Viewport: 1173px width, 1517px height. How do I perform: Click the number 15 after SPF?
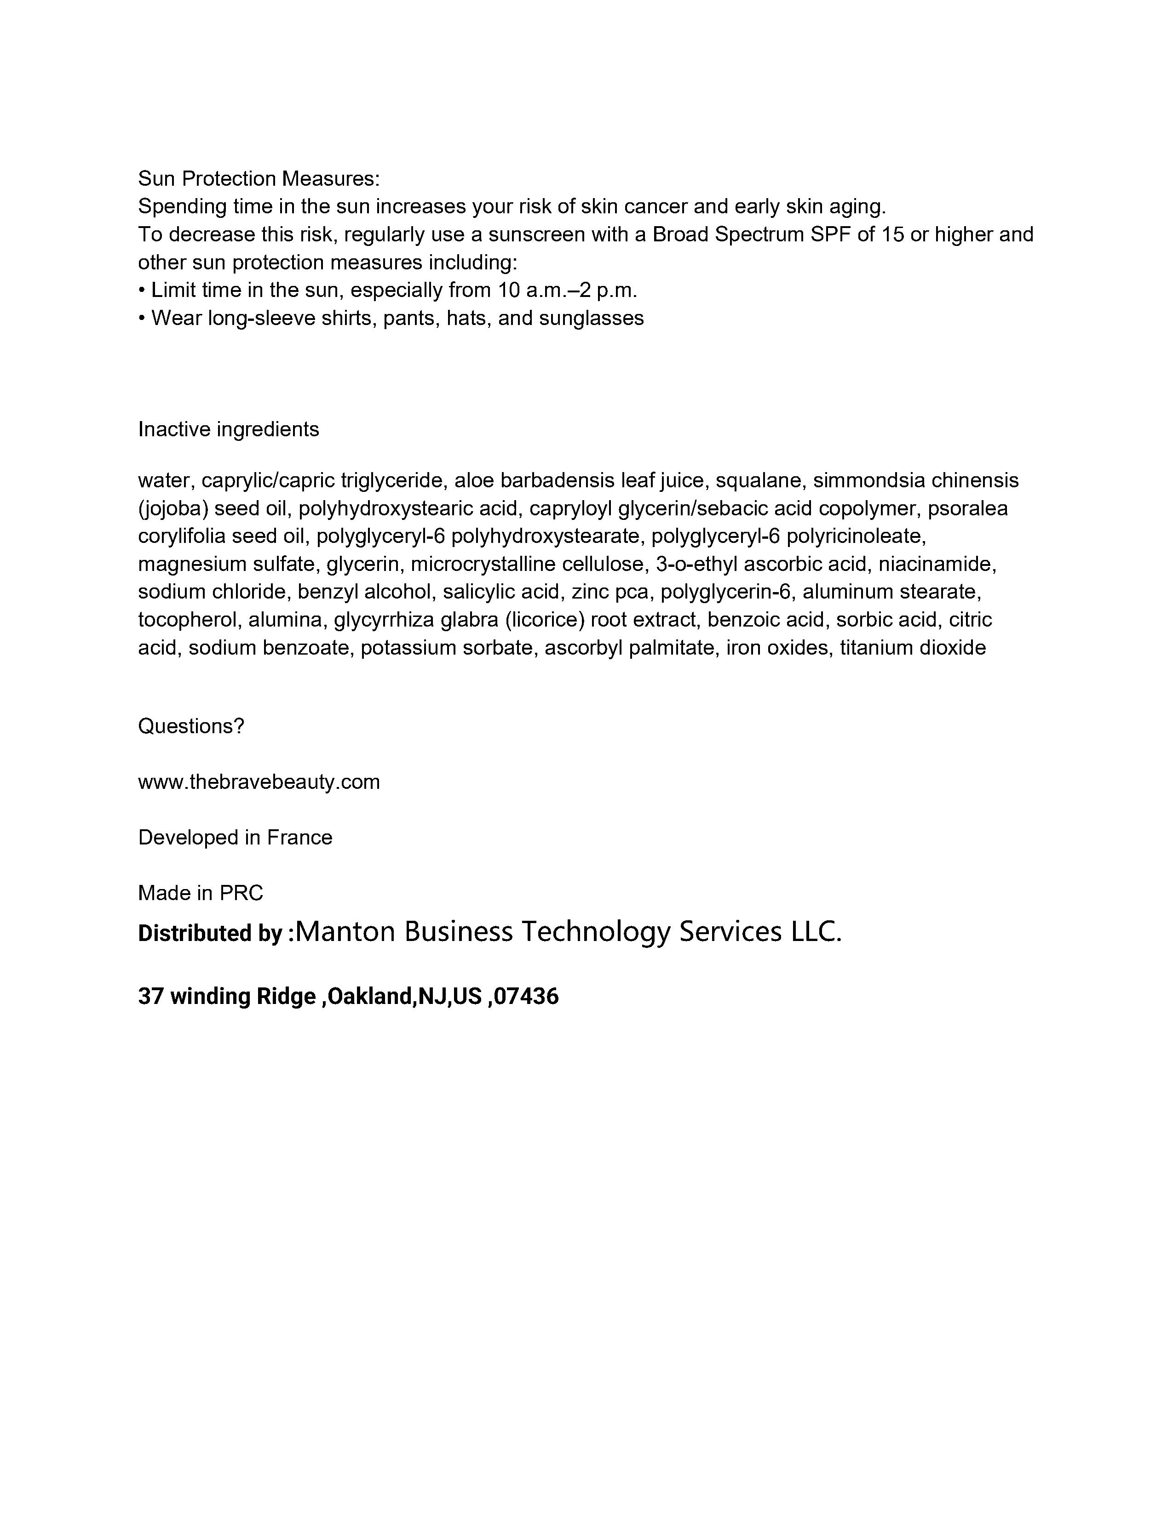click(893, 235)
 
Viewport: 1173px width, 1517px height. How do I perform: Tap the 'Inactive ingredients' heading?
click(229, 429)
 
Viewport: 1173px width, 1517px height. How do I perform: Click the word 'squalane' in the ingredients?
click(758, 481)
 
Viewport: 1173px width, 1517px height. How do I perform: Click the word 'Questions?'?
click(191, 726)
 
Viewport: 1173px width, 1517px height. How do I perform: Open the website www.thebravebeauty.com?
click(259, 782)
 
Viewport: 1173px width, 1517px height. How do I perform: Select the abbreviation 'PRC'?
click(241, 893)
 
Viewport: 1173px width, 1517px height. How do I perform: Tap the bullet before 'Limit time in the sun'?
click(141, 291)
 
